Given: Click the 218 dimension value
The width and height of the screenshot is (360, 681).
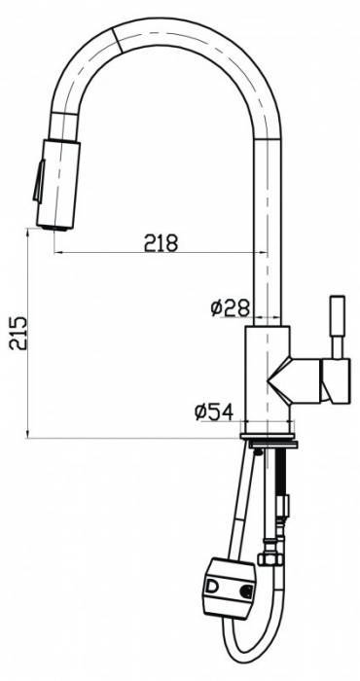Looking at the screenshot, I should click(160, 243).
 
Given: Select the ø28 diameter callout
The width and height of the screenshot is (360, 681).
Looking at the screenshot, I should click(229, 308).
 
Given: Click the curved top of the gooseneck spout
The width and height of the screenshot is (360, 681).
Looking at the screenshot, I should click(165, 29).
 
